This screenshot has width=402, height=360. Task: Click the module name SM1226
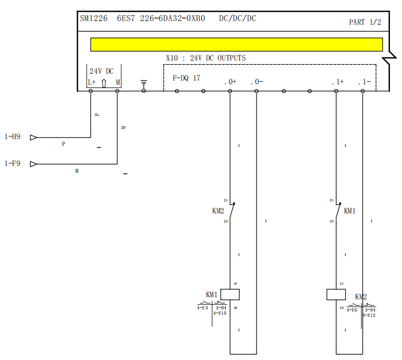[x=94, y=18]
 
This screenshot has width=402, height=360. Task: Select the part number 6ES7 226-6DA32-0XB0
[x=161, y=18]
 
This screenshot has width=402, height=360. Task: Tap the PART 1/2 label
[x=365, y=22]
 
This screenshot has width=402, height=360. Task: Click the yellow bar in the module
[x=237, y=44]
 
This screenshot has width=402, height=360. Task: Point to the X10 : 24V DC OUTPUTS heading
[x=205, y=58]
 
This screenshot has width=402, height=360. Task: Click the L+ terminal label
[x=92, y=82]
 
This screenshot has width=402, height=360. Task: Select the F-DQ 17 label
[x=187, y=78]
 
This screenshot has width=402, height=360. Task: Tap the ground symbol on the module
[x=144, y=83]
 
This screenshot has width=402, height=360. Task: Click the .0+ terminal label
[x=230, y=82]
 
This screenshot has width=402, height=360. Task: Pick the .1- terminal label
[x=364, y=82]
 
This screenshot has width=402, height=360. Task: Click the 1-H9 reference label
[x=13, y=137]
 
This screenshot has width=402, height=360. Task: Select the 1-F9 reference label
[x=13, y=163]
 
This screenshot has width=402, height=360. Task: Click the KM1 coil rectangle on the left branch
[x=230, y=294]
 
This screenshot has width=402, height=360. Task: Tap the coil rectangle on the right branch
[x=336, y=294]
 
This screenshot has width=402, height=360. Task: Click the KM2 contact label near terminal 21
[x=218, y=211]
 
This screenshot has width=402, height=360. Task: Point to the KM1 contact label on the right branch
[x=350, y=211]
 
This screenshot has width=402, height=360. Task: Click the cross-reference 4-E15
[x=220, y=313]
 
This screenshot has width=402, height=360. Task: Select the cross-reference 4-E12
[x=369, y=315]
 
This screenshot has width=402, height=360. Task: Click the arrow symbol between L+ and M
[x=104, y=83]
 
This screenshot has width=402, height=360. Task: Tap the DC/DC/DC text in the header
[x=238, y=18]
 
